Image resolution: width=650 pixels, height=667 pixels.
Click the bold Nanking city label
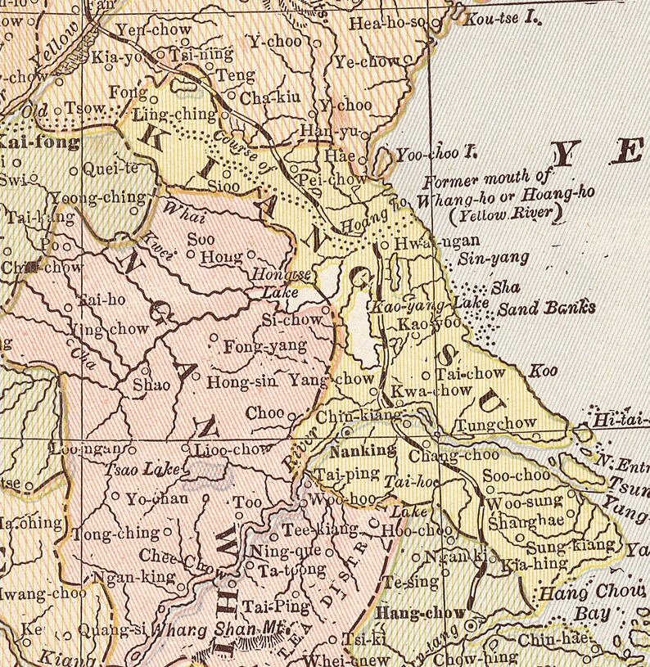tap(363, 451)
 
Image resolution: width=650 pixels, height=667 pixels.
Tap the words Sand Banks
tap(546, 309)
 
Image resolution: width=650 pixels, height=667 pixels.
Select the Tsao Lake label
tap(134, 470)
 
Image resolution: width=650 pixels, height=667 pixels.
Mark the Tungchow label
tap(496, 424)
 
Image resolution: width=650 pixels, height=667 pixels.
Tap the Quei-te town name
tap(112, 170)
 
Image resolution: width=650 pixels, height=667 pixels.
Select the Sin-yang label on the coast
tap(492, 259)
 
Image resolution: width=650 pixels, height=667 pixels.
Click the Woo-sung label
tap(525, 501)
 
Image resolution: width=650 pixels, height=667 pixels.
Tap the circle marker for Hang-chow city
tap(471, 626)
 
